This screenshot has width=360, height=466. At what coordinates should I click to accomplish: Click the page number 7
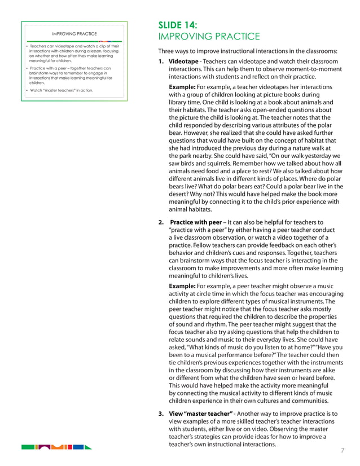click(x=343, y=450)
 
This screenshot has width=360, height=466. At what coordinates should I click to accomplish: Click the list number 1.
click(x=161, y=61)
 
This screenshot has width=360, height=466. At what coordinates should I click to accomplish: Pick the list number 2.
click(x=161, y=222)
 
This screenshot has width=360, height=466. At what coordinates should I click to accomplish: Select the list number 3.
click(x=161, y=414)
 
